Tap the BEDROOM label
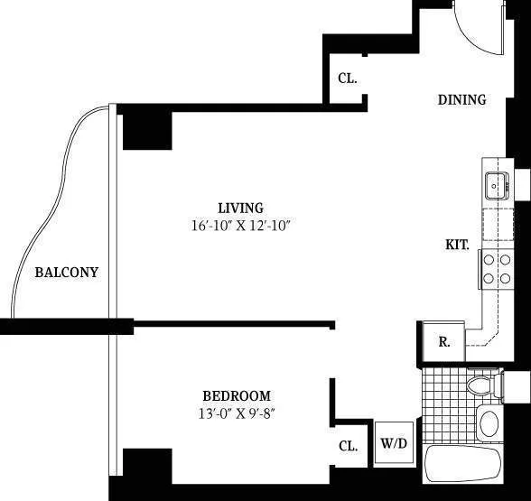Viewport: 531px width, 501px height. click(236, 395)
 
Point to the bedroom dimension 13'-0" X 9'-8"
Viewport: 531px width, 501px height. click(236, 413)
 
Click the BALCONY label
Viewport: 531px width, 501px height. click(66, 272)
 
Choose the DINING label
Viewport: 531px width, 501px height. click(461, 99)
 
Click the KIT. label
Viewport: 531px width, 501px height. click(457, 245)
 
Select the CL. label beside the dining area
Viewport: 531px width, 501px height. click(348, 78)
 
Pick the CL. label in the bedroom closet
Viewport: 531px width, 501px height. click(348, 445)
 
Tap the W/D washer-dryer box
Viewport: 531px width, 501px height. click(393, 444)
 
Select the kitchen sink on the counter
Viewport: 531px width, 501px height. click(496, 186)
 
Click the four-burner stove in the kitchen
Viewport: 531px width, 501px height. click(496, 268)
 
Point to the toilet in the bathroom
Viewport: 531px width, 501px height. click(483, 386)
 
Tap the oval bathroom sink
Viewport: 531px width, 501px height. click(489, 422)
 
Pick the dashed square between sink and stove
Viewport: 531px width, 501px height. click(496, 227)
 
